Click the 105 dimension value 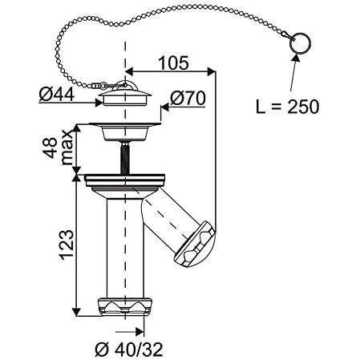tap(173, 63)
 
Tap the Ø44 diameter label tap(56, 95)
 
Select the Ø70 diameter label tap(188, 98)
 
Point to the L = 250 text tap(287, 107)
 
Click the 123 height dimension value tap(67, 245)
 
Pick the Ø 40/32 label tap(129, 349)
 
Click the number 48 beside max tap(50, 148)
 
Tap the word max tap(67, 148)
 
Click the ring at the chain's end tap(301, 43)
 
